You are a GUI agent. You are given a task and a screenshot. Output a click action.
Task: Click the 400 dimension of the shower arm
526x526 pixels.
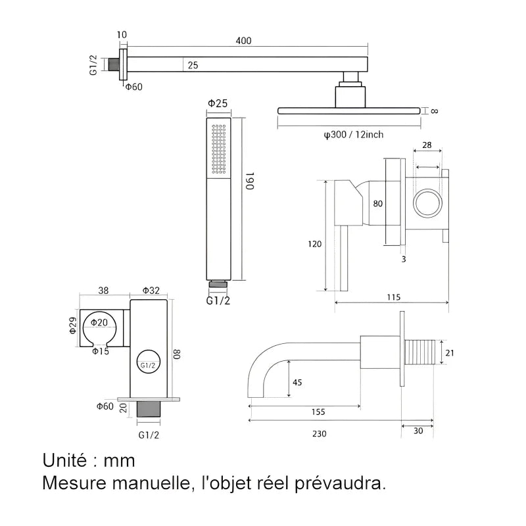[x=243, y=41]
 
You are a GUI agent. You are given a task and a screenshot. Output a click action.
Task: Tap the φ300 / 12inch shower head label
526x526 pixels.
[x=353, y=135]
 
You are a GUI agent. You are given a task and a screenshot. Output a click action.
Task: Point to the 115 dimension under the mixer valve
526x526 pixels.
[x=393, y=297]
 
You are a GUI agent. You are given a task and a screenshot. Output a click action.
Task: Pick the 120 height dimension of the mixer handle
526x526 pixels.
[x=314, y=244]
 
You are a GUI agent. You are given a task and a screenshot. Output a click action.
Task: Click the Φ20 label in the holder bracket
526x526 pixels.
[x=99, y=322]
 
